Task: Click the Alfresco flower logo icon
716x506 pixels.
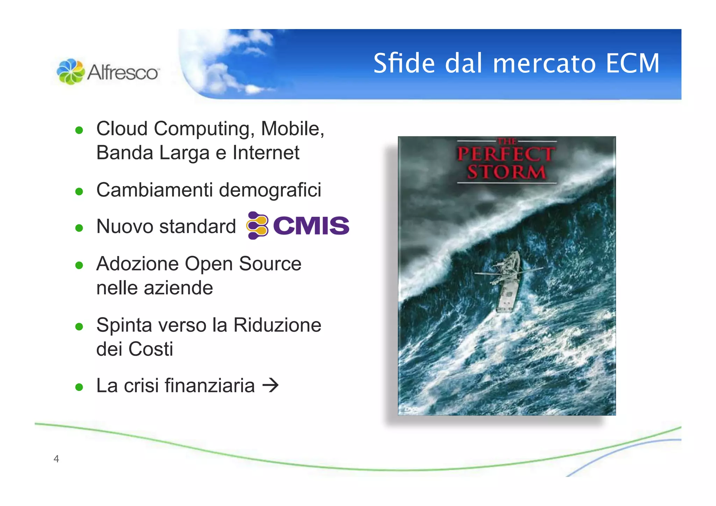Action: (71, 71)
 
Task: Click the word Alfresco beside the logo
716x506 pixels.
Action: (123, 72)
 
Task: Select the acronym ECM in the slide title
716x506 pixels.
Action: (632, 63)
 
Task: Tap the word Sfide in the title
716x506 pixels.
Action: (404, 63)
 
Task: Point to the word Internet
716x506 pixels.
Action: (266, 153)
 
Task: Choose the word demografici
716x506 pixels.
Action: (270, 190)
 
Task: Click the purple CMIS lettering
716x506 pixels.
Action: (311, 226)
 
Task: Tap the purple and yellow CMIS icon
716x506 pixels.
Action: (257, 226)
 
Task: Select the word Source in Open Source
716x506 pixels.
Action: (270, 264)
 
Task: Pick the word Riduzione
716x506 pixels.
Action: (277, 325)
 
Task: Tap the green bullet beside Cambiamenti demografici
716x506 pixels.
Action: (79, 192)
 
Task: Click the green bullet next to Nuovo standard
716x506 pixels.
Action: (79, 228)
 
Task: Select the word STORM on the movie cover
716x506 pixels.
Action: (506, 172)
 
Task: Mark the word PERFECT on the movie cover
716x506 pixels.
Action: (506, 154)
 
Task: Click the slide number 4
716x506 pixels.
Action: (56, 459)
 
